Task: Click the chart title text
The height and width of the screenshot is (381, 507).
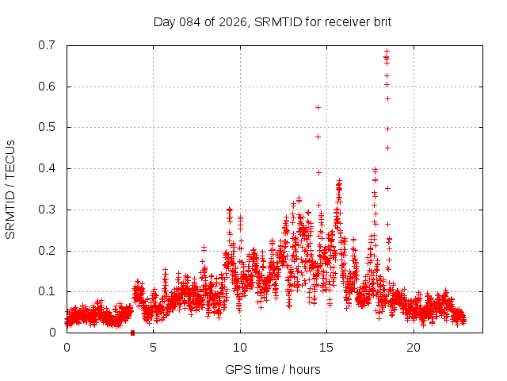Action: coord(273,21)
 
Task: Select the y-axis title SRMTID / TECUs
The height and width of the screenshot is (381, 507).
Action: coord(11,189)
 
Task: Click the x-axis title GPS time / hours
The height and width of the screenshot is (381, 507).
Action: coord(273,369)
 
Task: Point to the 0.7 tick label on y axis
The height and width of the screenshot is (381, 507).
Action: coord(47,45)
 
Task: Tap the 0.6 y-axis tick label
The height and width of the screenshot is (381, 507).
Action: coord(47,87)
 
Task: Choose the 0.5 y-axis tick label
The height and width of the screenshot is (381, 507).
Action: coord(47,127)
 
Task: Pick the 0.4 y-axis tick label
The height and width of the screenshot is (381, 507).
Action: coord(47,168)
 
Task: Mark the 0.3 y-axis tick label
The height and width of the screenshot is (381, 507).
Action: coord(47,210)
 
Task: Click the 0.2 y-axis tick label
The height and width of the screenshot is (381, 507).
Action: coord(47,251)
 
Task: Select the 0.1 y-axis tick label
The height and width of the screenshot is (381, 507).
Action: coord(47,291)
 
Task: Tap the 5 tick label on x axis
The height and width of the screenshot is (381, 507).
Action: coord(153,348)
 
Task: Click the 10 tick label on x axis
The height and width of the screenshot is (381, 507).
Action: coord(240,348)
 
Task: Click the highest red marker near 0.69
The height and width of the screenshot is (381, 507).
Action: coord(387,52)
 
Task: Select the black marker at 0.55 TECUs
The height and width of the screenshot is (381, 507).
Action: coord(318,107)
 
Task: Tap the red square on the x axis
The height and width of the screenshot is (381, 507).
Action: coord(133,333)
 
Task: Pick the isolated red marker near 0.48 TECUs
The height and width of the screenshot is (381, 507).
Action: coord(318,137)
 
